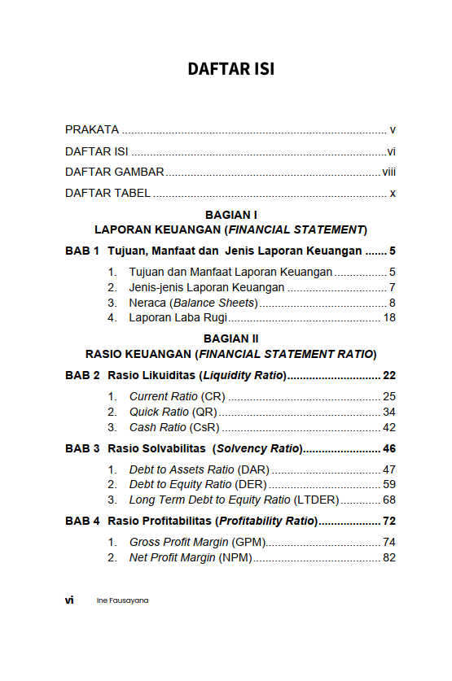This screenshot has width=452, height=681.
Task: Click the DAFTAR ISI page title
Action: [230, 69]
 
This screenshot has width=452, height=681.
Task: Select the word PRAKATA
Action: [92, 129]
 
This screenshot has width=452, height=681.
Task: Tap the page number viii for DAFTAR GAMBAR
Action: [388, 172]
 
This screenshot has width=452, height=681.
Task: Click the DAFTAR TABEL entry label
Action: [108, 193]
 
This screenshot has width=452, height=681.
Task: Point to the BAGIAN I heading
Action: [230, 215]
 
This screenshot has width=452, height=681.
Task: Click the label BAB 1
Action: [82, 251]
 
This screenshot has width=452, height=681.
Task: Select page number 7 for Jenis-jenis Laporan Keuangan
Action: [392, 287]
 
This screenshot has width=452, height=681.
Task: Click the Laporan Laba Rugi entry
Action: [178, 317]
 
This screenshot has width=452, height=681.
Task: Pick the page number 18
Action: [388, 317]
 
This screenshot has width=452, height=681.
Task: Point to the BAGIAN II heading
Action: [230, 338]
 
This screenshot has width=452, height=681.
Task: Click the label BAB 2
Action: [82, 375]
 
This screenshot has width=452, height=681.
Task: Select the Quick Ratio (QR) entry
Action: [173, 412]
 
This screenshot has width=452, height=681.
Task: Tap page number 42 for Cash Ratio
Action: [388, 427]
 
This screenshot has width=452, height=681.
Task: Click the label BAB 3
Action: [82, 448]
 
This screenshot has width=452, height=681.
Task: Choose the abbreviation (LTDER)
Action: [316, 500]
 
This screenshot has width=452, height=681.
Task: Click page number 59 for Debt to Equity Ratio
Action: [388, 485]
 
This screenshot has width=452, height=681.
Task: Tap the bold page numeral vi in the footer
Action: [69, 600]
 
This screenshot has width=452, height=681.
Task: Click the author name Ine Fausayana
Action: [122, 600]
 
